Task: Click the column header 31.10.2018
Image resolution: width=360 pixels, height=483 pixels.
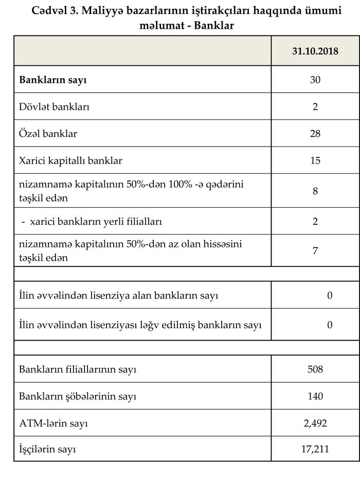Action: click(x=315, y=52)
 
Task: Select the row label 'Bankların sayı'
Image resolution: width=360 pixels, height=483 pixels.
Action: click(x=53, y=80)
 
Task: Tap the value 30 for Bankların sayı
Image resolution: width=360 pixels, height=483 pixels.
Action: click(x=315, y=80)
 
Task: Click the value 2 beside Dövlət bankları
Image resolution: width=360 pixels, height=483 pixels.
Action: click(x=315, y=107)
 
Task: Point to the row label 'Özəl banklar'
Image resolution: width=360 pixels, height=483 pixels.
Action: click(x=48, y=134)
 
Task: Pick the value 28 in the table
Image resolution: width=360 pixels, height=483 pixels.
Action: click(x=315, y=134)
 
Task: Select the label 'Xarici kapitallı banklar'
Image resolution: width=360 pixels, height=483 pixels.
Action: click(x=70, y=160)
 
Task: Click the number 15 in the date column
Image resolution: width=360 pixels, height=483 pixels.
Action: click(x=315, y=160)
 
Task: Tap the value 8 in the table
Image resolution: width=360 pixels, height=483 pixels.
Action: click(x=315, y=191)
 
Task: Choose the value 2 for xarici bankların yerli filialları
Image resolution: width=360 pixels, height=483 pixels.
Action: click(x=315, y=221)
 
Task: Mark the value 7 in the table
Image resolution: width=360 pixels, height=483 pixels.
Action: click(x=315, y=251)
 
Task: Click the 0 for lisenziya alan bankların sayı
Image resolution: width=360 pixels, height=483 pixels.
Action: click(x=330, y=295)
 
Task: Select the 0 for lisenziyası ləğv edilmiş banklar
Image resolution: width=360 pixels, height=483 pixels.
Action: click(x=330, y=325)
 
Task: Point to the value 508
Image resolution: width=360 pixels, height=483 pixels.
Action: click(x=315, y=369)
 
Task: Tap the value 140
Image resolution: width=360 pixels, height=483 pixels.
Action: click(x=315, y=397)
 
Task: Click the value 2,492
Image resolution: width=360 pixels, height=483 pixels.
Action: click(x=315, y=423)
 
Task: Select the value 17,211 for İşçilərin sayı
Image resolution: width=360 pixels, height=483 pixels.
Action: click(x=315, y=450)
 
